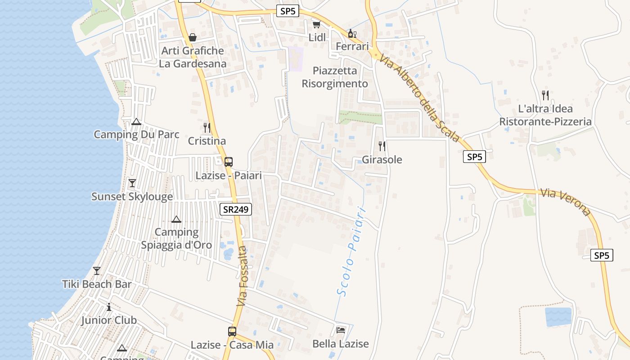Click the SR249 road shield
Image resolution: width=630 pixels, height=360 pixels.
(x=236, y=209)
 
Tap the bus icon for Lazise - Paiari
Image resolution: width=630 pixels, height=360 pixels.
(x=229, y=162)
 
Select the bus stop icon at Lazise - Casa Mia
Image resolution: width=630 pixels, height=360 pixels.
(x=232, y=332)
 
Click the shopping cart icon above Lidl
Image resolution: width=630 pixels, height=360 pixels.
(x=316, y=24)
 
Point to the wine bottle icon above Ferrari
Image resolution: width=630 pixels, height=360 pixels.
(x=352, y=33)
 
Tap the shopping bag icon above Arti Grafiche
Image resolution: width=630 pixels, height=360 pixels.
(x=193, y=37)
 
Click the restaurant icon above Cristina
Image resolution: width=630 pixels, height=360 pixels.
(x=207, y=128)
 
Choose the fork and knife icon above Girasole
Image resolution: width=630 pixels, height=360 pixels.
(x=382, y=146)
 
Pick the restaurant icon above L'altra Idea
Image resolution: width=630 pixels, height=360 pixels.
(x=545, y=95)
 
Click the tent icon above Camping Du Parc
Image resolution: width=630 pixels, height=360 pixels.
(x=136, y=121)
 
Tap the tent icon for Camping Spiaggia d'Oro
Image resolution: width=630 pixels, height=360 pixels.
(x=176, y=219)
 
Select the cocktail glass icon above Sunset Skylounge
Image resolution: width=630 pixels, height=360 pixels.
(x=132, y=183)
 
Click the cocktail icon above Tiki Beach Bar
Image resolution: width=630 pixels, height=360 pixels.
(x=97, y=271)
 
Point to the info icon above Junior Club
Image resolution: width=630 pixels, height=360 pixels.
(x=109, y=307)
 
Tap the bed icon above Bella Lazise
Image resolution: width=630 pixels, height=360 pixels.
(x=341, y=330)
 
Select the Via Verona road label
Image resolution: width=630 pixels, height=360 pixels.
(x=565, y=202)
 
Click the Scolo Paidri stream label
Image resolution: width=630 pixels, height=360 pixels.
(x=351, y=252)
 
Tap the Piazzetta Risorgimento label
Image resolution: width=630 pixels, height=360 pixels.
(x=335, y=77)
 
